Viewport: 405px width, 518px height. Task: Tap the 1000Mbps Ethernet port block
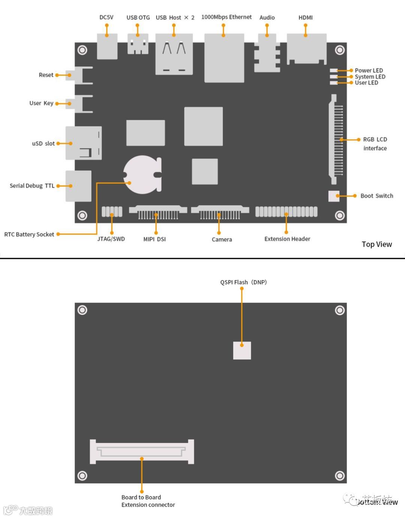tap(224, 58)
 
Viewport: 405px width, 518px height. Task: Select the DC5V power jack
tap(107, 47)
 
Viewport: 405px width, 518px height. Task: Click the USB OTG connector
tap(138, 44)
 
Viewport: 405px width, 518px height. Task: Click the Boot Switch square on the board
tap(333, 196)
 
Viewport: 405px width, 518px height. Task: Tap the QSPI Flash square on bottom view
tap(242, 350)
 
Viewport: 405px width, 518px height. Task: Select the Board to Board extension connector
tap(142, 451)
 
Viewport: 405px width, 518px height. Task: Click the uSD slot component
tap(83, 143)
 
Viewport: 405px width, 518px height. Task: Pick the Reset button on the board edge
tap(79, 75)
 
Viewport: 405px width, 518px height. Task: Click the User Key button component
tap(79, 104)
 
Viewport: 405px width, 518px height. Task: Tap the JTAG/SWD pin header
tap(112, 212)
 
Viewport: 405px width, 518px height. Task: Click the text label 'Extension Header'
tap(287, 239)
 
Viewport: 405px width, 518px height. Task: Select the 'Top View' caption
tap(376, 244)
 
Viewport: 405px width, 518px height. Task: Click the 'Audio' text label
tap(267, 18)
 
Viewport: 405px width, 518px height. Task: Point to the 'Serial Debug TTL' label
tap(32, 186)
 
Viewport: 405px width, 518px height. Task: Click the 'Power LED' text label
tap(369, 71)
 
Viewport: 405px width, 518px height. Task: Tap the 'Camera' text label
tap(222, 239)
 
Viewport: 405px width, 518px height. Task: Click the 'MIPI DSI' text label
tap(154, 239)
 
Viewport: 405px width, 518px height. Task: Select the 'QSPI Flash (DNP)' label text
tap(243, 282)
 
